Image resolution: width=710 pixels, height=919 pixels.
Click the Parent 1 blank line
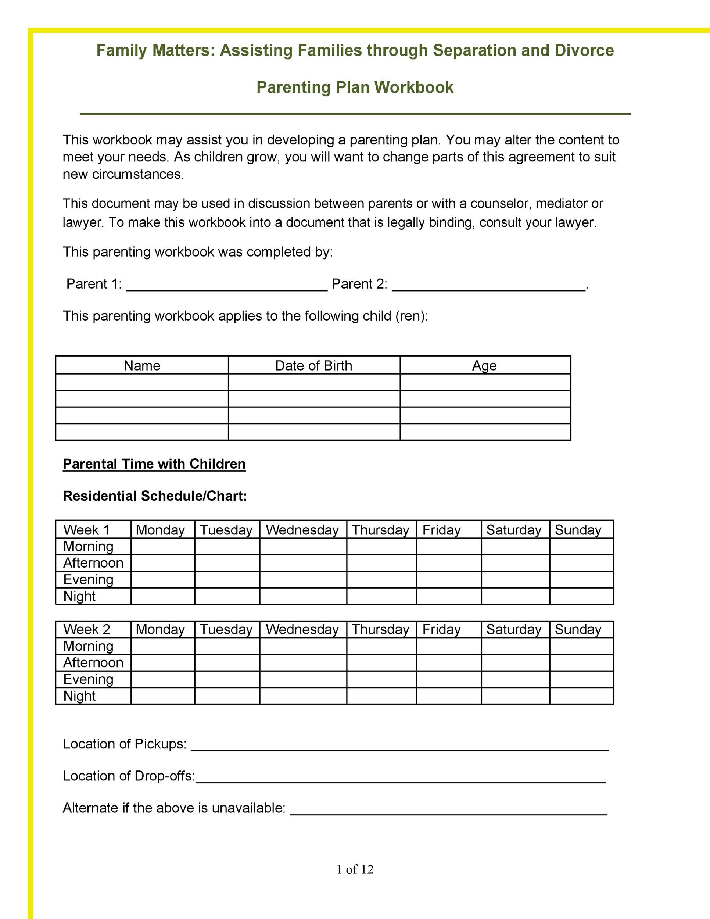227,286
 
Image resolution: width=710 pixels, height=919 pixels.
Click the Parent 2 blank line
488,286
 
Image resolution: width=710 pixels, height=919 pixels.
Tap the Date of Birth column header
313,365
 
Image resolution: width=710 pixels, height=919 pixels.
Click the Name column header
142,365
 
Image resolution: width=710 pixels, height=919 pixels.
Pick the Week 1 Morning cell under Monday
162,546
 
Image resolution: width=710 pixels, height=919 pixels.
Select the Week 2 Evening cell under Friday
448,679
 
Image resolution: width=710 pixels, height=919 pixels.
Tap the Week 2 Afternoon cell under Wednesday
303,663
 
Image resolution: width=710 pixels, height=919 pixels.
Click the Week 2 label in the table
87,629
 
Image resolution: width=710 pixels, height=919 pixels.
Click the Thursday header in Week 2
380,629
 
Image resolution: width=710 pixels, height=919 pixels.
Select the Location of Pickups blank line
399,747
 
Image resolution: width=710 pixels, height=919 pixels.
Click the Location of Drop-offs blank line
401,779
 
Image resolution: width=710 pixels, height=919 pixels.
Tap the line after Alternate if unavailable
448,811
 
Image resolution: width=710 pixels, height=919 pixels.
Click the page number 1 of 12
355,869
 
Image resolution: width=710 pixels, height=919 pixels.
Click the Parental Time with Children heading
154,464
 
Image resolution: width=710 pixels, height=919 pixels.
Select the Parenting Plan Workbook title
355,87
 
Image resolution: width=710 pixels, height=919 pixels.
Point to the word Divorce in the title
584,50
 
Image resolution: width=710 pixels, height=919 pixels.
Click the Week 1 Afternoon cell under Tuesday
227,563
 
